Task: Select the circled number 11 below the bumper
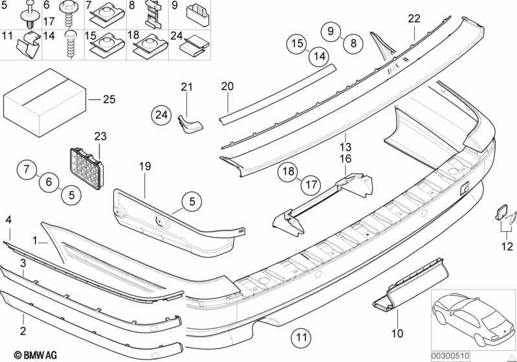click(300, 337)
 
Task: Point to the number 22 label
click(414, 19)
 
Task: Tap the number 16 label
click(346, 158)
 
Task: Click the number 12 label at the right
click(507, 246)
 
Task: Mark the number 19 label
click(144, 167)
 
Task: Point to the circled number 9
click(330, 30)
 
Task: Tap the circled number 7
click(27, 171)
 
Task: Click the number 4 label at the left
click(9, 221)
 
